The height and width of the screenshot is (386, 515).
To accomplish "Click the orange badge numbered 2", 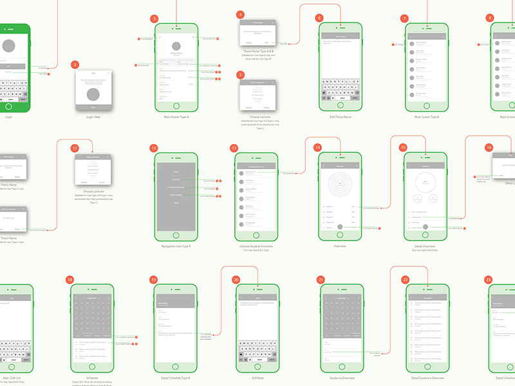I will (x=75, y=65).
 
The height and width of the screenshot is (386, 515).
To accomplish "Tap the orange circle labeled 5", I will (x=240, y=75).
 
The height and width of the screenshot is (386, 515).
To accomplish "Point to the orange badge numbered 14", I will (x=317, y=147).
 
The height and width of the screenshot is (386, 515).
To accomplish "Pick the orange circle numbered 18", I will (x=70, y=280).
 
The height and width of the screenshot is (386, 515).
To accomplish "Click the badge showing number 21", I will (x=321, y=280).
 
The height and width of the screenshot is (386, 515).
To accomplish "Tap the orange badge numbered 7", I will (x=405, y=19).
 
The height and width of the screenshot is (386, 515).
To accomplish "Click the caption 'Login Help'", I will (x=95, y=117).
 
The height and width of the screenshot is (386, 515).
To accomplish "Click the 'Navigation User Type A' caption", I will (x=176, y=246).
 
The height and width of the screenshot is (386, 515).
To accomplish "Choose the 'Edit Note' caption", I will (x=258, y=378).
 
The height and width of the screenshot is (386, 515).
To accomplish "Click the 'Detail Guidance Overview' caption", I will (x=425, y=378).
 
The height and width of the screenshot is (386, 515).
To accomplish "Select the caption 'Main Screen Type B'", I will (x=425, y=117).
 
